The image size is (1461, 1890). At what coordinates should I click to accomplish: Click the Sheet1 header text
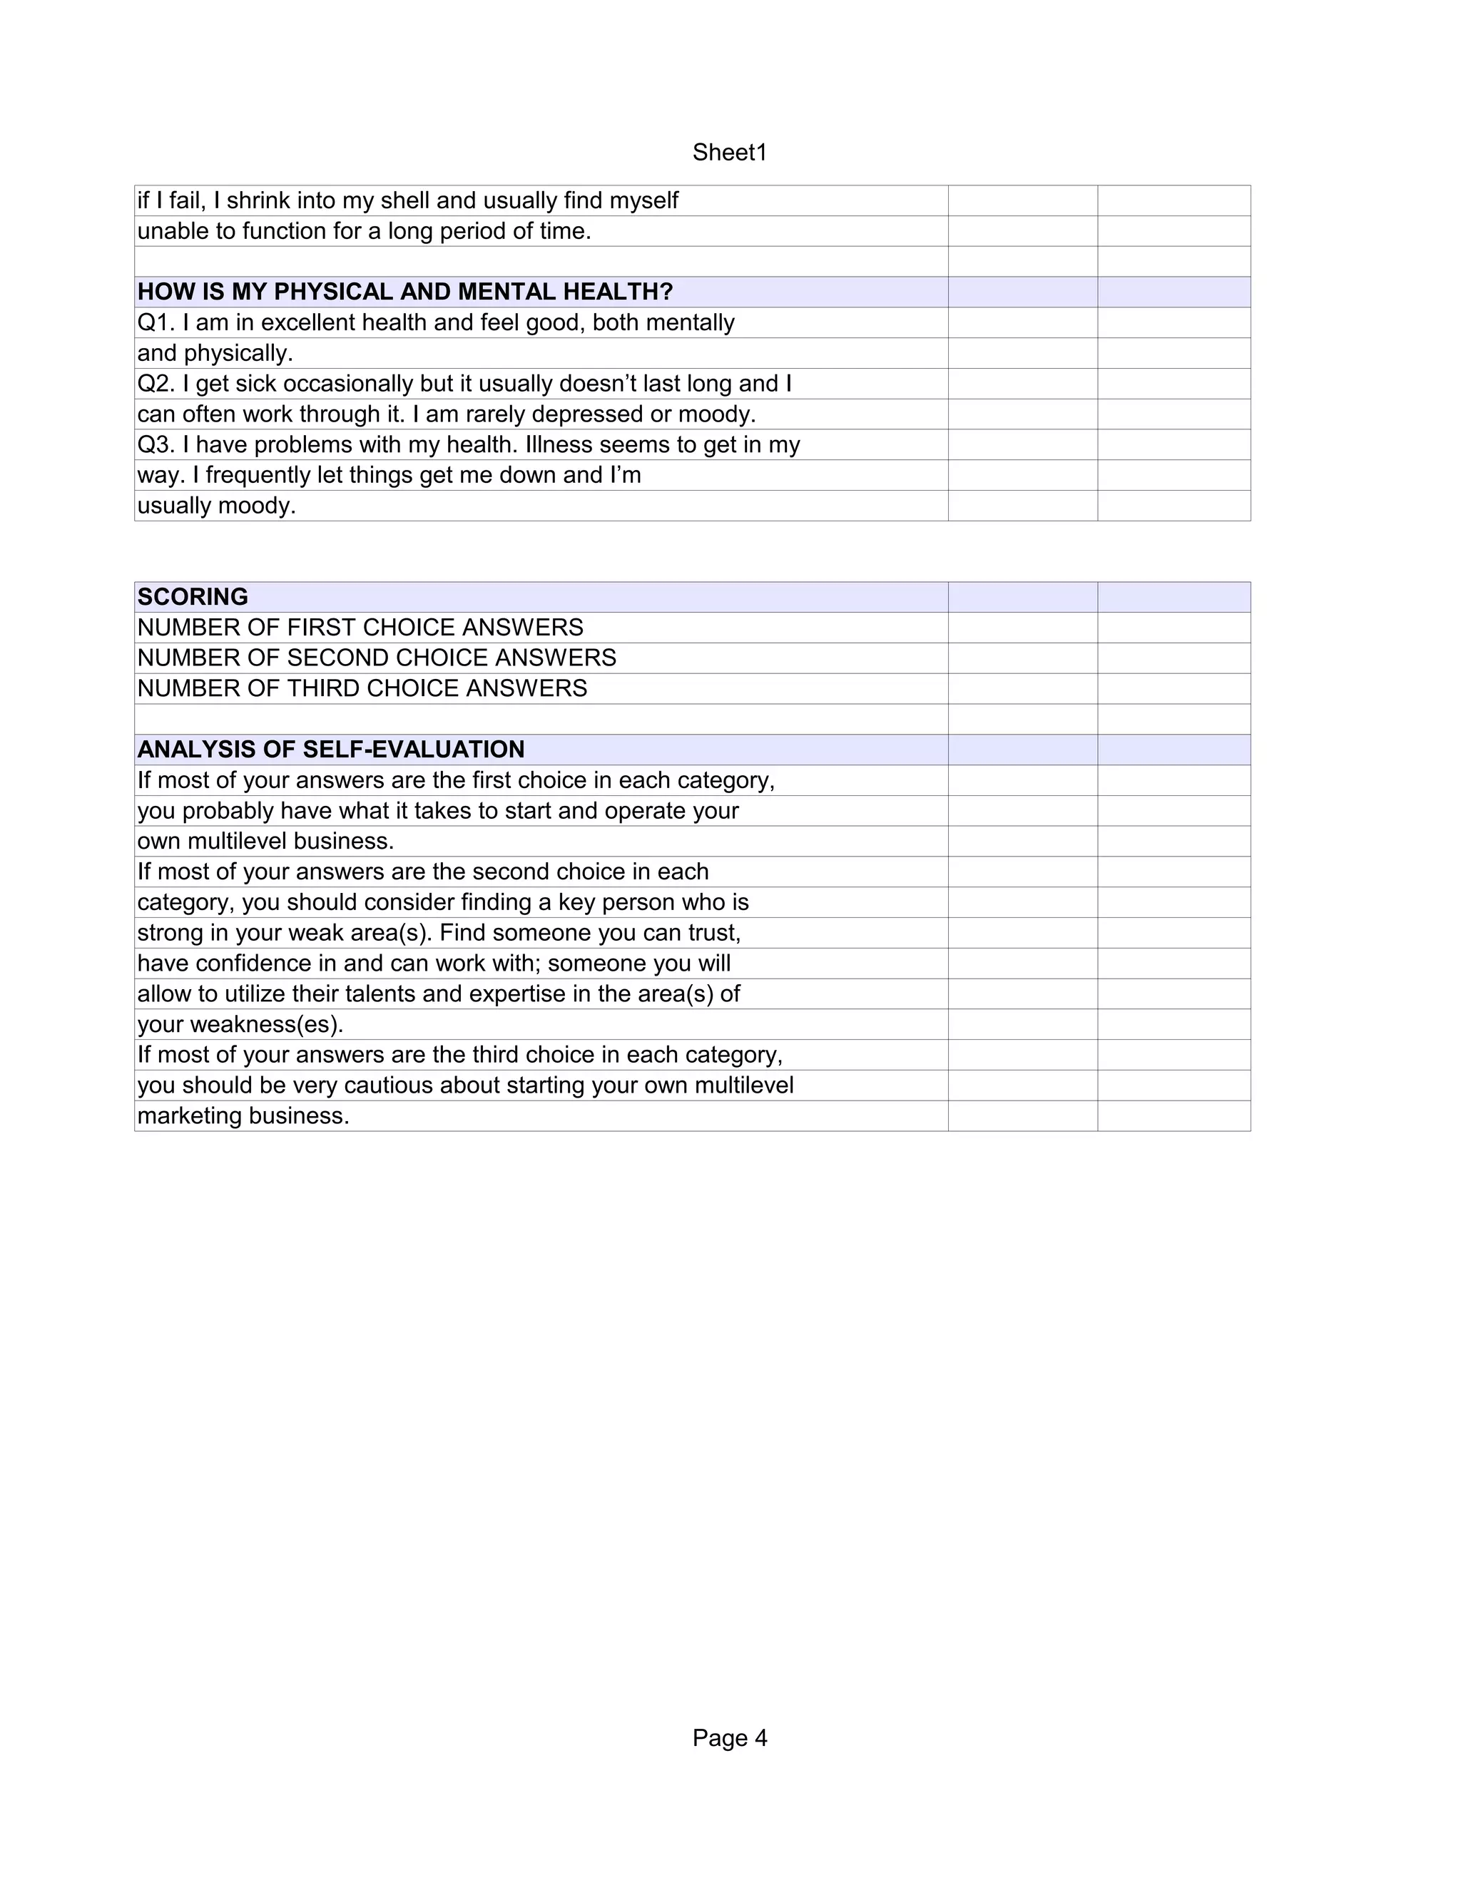[x=730, y=153]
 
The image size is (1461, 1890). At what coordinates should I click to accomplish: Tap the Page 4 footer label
[x=730, y=1739]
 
